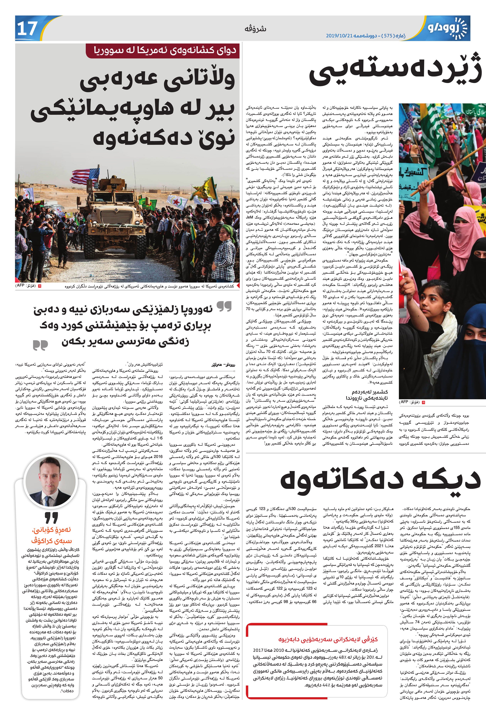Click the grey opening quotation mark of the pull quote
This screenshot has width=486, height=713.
pyautogui.click(x=224, y=306)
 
